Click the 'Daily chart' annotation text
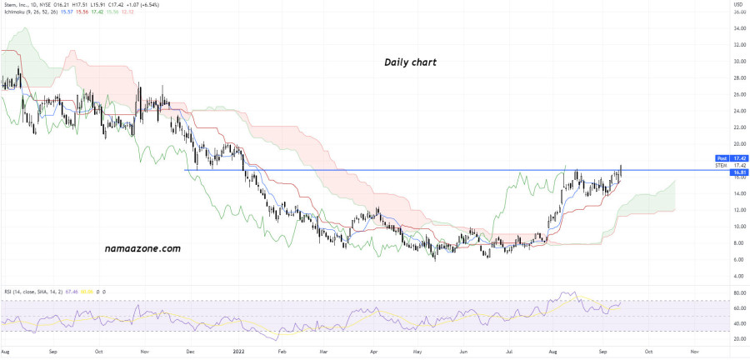pos(410,62)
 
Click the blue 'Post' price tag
pos(722,157)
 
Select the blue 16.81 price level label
pos(737,176)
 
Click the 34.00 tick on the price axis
pos(737,28)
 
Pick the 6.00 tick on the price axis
pos(737,259)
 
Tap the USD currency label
pos(737,7)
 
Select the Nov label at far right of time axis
pos(695,352)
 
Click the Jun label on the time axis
pos(464,352)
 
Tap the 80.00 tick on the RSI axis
pos(738,293)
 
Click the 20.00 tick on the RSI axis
pos(738,339)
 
